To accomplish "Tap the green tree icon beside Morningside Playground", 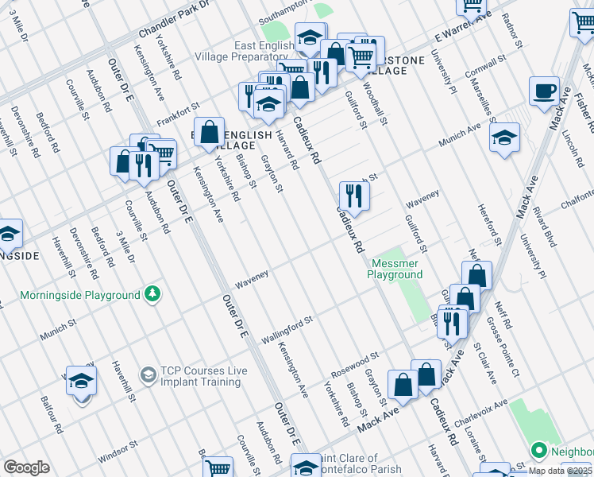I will coord(152,295).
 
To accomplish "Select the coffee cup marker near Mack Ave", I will coord(544,91).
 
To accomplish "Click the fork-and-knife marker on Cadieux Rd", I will coord(354,196).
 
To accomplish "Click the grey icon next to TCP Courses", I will coord(148,373).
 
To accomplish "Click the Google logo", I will coord(27,467).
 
